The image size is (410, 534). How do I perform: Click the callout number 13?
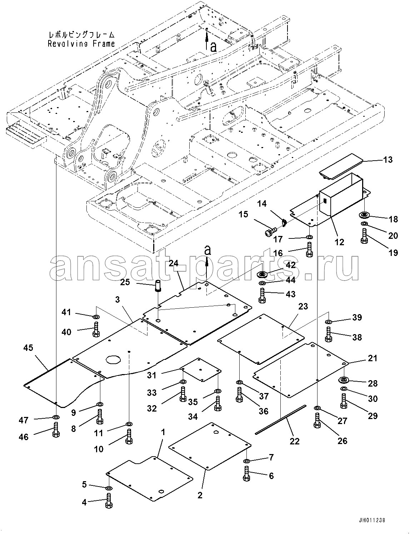[388, 160]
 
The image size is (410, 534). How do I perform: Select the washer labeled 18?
[365, 216]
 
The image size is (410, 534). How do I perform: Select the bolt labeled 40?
[96, 329]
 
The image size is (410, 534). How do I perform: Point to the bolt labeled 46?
[56, 429]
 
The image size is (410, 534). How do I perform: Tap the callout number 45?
[29, 348]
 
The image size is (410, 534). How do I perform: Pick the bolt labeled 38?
[329, 334]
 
